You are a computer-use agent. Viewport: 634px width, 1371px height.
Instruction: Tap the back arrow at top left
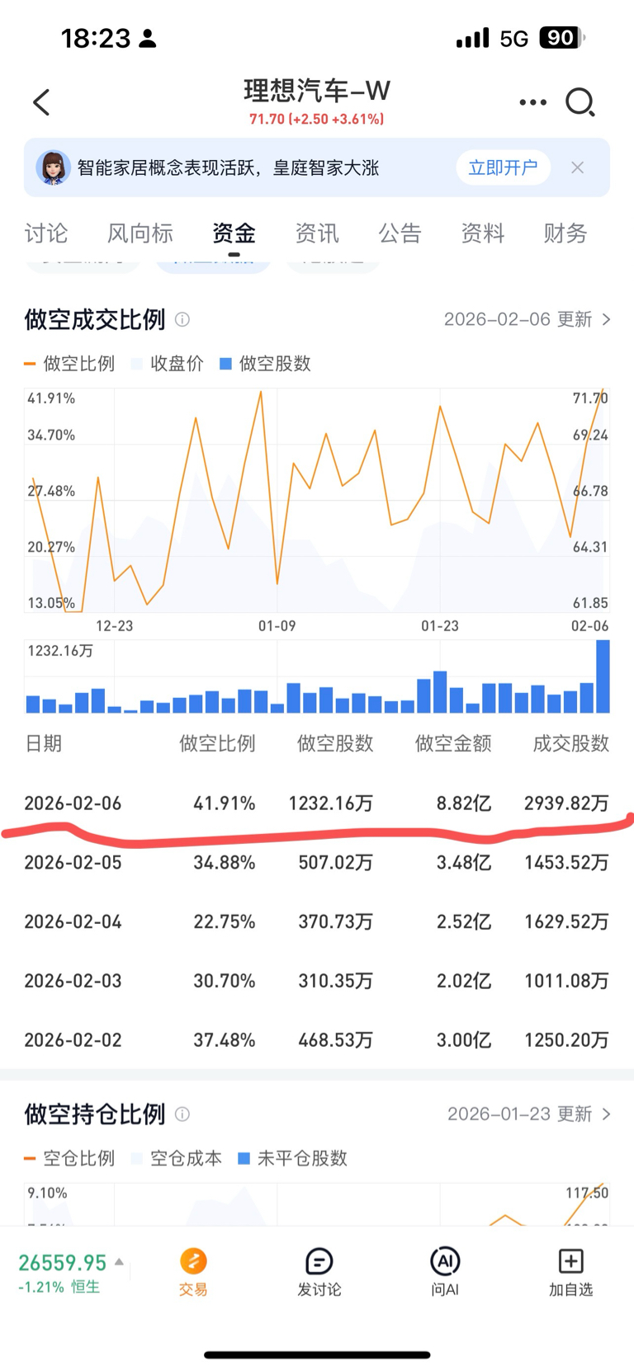coord(41,102)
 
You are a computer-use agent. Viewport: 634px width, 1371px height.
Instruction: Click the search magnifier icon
coord(580,102)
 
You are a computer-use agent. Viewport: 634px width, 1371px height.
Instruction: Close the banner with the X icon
coord(577,167)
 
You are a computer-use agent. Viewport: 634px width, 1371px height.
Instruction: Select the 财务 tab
coord(565,233)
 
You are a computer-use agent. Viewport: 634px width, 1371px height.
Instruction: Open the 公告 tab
coord(400,233)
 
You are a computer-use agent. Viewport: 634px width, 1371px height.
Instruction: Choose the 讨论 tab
coord(46,233)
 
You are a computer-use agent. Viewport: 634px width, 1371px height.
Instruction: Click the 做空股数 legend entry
coord(266,364)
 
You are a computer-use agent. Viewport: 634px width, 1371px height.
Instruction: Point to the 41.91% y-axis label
coord(51,398)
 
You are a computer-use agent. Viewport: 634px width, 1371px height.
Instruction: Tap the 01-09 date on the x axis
coord(277,626)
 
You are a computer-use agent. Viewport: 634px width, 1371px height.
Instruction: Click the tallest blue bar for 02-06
coord(603,676)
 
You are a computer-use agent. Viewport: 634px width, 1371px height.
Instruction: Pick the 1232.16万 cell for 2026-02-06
coord(330,803)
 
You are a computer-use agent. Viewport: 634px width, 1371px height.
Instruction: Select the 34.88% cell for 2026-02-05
coord(224,863)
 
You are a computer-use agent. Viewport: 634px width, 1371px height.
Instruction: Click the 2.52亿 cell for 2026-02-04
coord(463,922)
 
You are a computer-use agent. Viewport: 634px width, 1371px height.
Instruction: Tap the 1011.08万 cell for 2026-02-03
coord(566,982)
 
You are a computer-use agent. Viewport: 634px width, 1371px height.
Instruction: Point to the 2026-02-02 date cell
coord(73,1041)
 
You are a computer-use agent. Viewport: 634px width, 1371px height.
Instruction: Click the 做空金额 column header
coord(453,744)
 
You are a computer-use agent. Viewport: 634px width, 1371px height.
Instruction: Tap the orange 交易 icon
coord(193,1262)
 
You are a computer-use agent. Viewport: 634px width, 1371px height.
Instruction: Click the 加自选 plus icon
coord(570,1262)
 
